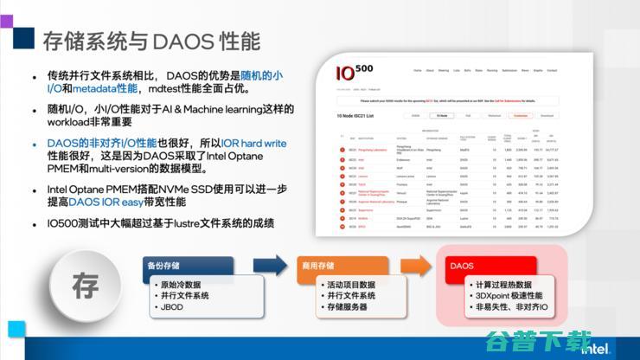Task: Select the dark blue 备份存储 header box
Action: [188, 266]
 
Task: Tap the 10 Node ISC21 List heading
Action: [366, 114]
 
